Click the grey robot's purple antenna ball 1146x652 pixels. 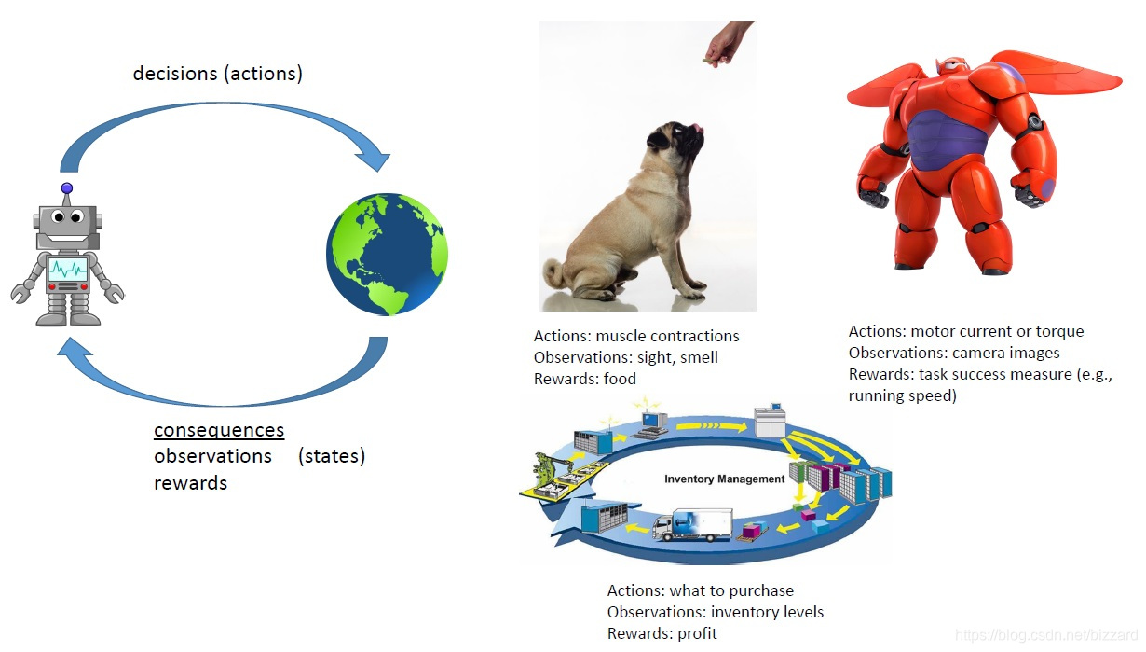tap(66, 188)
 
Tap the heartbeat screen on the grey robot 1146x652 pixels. tap(68, 270)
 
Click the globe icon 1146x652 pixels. tap(387, 254)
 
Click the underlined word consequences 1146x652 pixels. tap(219, 430)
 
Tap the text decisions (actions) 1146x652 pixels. tap(218, 73)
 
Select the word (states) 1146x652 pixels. tap(332, 456)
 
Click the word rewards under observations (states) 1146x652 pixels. tap(190, 483)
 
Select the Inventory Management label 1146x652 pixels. tap(724, 479)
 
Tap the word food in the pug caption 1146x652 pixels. tap(619, 379)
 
